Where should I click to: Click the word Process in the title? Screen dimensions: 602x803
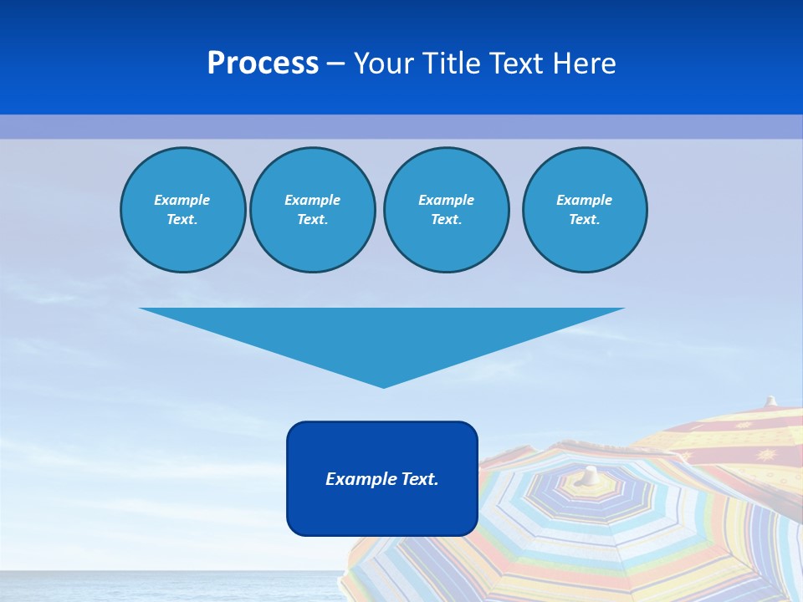pos(263,64)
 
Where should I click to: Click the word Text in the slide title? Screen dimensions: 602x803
pos(521,64)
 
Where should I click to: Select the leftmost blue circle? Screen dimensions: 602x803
pos(183,210)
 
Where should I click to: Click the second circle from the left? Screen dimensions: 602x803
pos(313,210)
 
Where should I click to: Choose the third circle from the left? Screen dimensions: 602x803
pos(447,210)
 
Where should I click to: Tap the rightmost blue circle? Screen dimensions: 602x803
pos(585,210)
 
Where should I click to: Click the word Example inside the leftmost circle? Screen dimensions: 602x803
pos(182,200)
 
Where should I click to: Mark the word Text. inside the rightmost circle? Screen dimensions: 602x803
pos(585,220)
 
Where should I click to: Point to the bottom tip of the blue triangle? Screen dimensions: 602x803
pos(383,385)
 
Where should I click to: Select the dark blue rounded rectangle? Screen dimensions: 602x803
pos(382,510)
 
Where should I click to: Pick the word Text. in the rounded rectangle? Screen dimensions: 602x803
pos(421,479)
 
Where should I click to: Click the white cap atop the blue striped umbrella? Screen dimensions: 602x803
pos(591,474)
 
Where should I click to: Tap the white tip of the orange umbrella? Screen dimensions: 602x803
pos(771,400)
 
